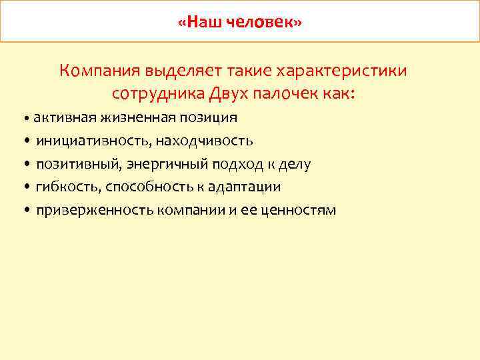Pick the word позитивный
77,164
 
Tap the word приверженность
95,211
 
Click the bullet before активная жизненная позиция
25,119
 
